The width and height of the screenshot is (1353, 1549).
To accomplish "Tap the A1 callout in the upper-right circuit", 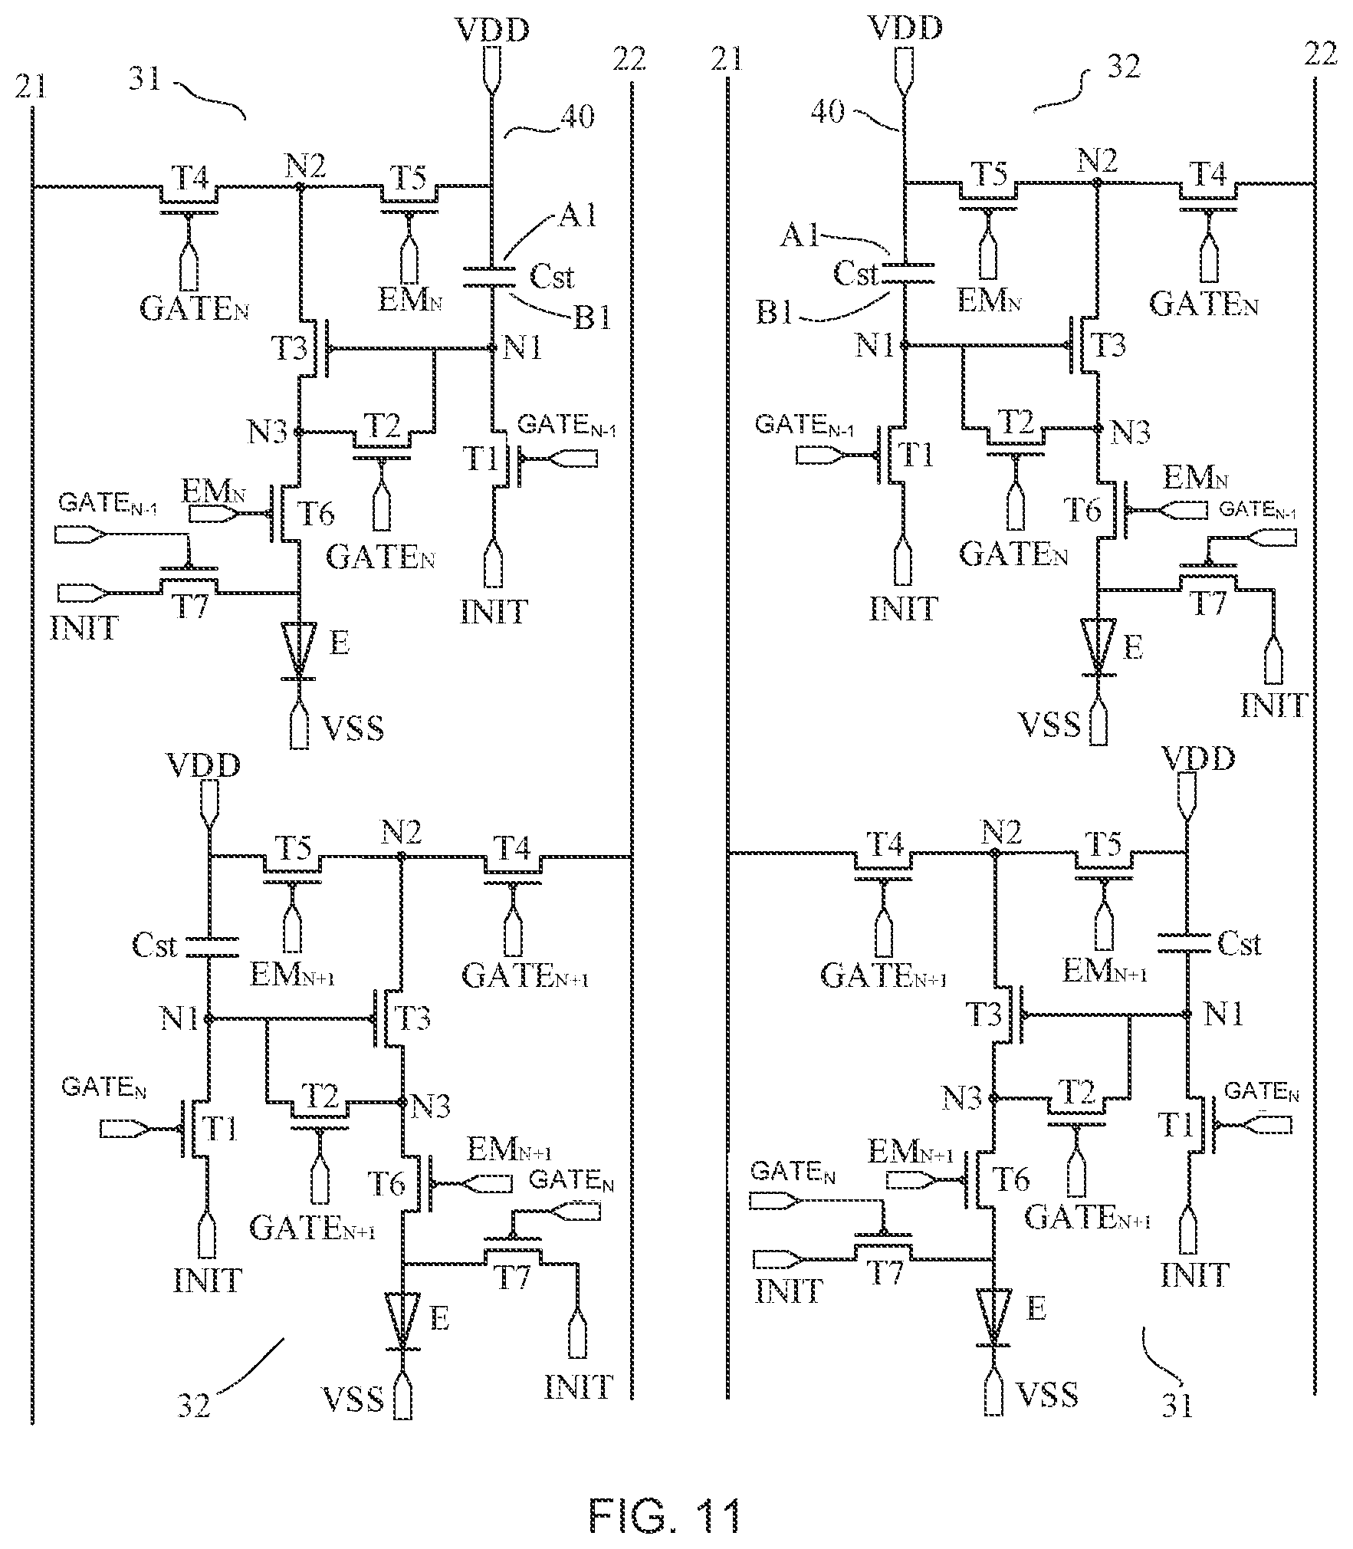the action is [x=800, y=236].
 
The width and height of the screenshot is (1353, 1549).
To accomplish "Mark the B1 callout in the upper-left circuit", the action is [x=593, y=317].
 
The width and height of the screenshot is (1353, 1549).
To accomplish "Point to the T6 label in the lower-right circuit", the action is [x=1012, y=1179].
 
